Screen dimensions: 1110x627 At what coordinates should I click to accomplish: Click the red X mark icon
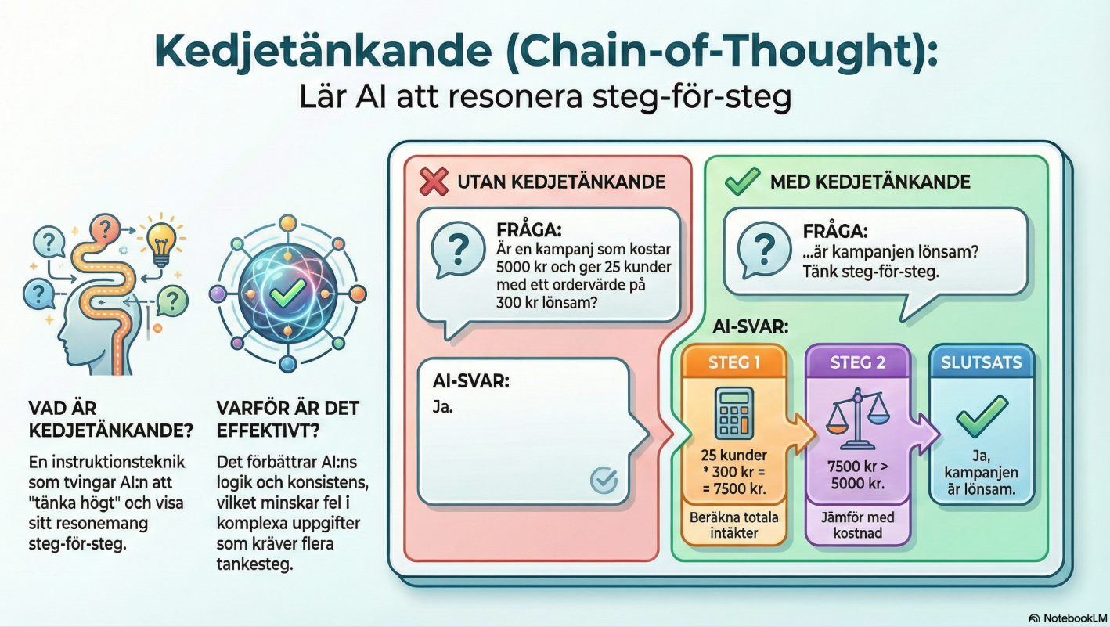click(434, 182)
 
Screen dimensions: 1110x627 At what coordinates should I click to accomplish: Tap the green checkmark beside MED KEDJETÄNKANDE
click(742, 182)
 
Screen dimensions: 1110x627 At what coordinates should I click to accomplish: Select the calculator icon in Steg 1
click(734, 413)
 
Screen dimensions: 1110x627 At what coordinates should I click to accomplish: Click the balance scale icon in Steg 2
click(858, 419)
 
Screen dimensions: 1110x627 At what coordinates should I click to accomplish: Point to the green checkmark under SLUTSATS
click(981, 416)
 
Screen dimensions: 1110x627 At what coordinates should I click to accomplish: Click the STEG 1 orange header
click(734, 362)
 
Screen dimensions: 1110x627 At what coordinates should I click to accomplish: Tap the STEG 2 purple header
click(858, 362)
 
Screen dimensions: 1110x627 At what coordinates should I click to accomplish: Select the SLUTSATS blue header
click(981, 362)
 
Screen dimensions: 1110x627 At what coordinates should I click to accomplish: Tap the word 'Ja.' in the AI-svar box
click(442, 407)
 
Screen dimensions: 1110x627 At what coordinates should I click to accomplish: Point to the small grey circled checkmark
click(604, 479)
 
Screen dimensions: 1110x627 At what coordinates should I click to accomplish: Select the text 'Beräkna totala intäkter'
click(734, 525)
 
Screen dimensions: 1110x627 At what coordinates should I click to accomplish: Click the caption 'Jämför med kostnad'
click(858, 525)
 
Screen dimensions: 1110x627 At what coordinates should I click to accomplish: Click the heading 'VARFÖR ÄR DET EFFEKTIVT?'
click(288, 419)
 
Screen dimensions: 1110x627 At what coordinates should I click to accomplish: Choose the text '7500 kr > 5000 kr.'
click(858, 474)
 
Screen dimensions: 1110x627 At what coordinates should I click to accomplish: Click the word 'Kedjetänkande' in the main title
click(323, 51)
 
